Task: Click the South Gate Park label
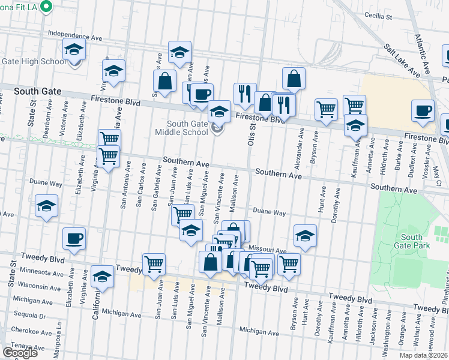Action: click(412, 241)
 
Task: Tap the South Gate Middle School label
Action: click(182, 128)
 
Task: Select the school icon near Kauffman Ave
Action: click(355, 126)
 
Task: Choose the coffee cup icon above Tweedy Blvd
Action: click(74, 238)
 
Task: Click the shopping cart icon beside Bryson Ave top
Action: click(326, 110)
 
